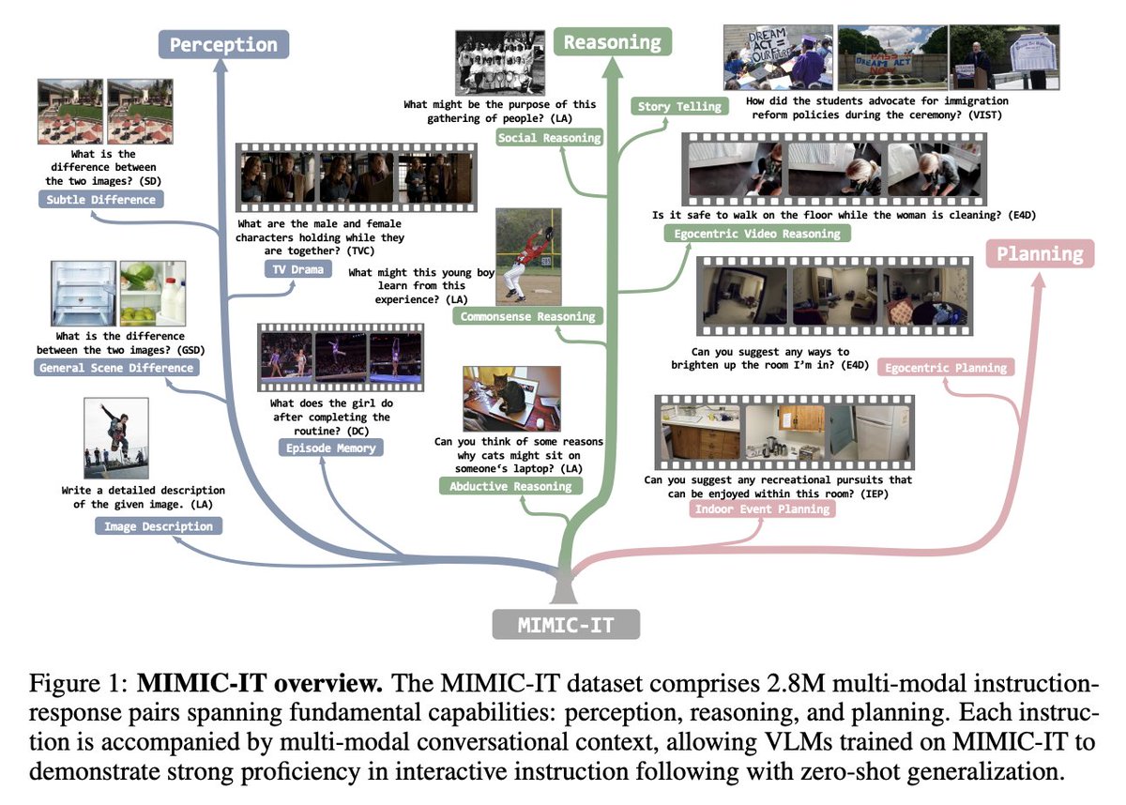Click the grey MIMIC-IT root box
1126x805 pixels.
(x=565, y=624)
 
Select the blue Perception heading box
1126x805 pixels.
(x=223, y=44)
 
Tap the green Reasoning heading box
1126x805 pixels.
(x=612, y=42)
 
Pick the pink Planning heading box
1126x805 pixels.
(x=1039, y=253)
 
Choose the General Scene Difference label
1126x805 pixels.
(x=117, y=368)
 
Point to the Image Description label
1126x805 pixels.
(x=158, y=526)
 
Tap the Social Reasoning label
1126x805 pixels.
(x=550, y=139)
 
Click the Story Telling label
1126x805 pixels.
(x=679, y=106)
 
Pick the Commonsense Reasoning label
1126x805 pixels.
(x=528, y=316)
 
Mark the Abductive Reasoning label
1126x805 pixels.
(x=510, y=486)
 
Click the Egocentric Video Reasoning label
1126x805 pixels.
(x=757, y=234)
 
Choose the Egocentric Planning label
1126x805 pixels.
(x=947, y=368)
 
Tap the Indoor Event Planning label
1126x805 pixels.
(x=761, y=509)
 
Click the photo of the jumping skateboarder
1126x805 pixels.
(x=115, y=439)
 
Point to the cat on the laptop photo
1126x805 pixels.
(x=498, y=398)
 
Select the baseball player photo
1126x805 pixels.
(x=527, y=255)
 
